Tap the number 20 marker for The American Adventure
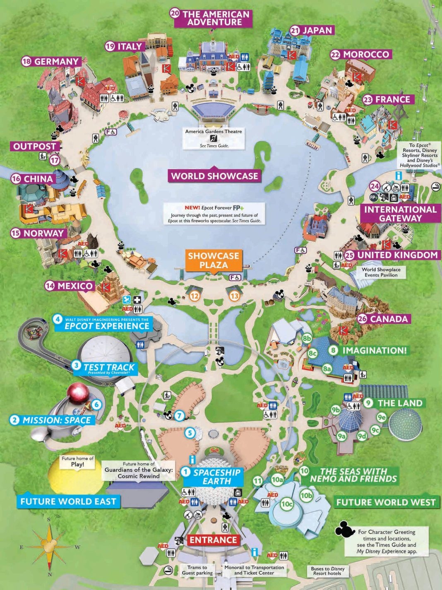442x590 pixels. click(175, 13)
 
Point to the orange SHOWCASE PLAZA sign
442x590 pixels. click(214, 260)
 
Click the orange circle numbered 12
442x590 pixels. click(195, 296)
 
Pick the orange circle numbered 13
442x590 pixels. click(235, 296)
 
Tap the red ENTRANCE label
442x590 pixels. click(213, 540)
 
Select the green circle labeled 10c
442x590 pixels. click(287, 504)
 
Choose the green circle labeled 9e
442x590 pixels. click(381, 417)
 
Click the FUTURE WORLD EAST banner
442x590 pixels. click(68, 501)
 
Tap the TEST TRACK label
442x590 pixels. click(108, 368)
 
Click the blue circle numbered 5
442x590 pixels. click(190, 433)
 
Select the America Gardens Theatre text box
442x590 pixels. click(214, 138)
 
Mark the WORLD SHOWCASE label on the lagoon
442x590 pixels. click(214, 176)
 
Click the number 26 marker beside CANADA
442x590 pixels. click(362, 319)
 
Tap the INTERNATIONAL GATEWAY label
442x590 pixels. click(400, 214)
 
